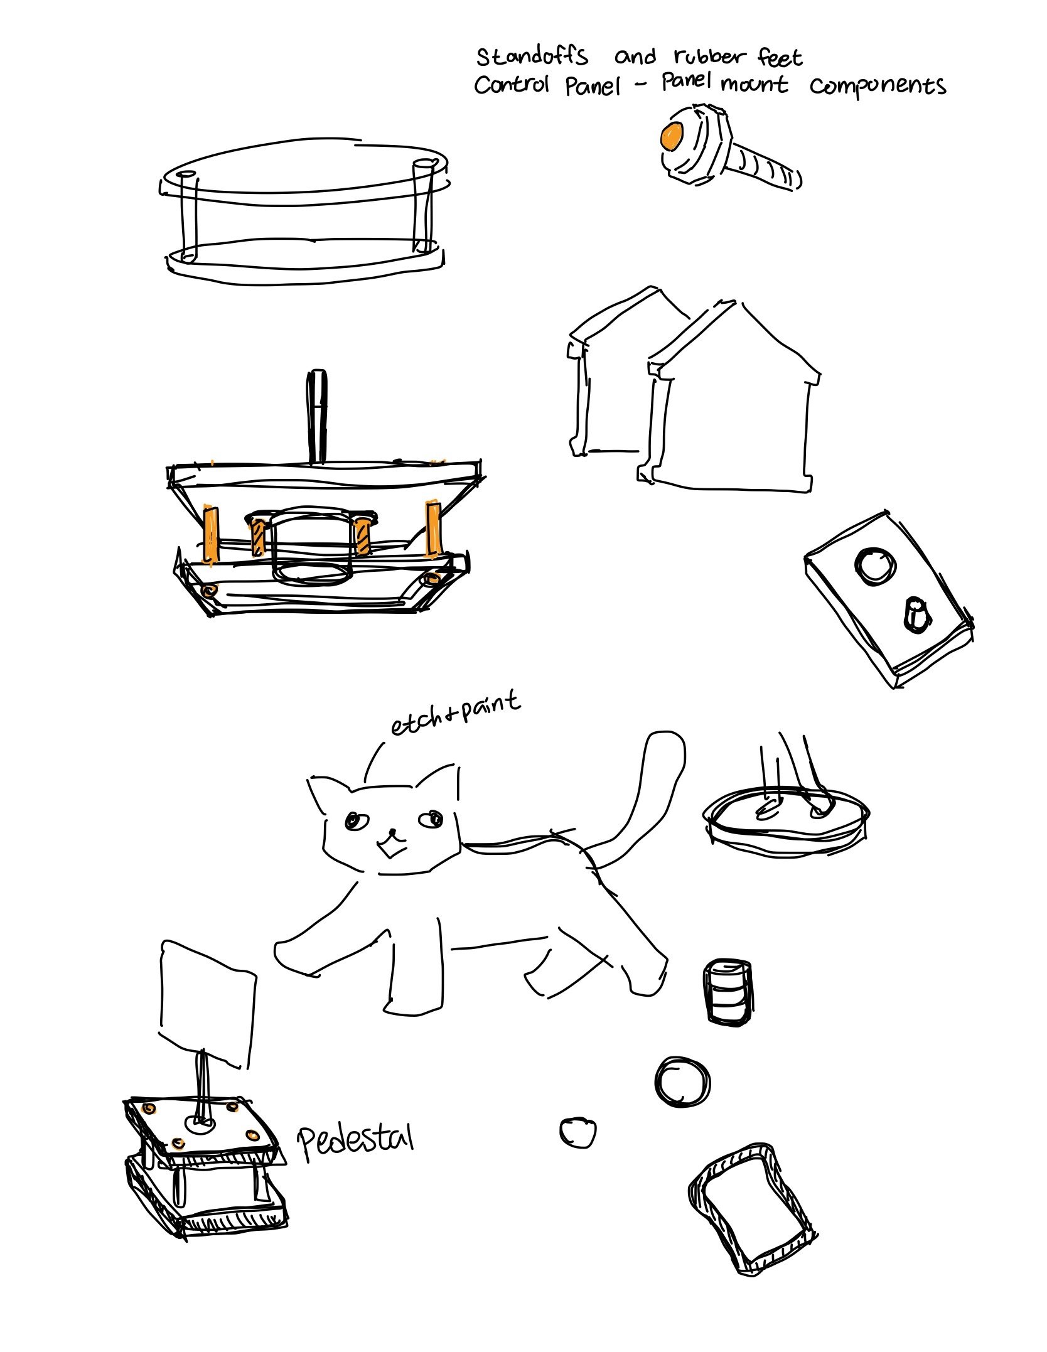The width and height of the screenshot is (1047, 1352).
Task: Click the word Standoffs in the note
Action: click(532, 56)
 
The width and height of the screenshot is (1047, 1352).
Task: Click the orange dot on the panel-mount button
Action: click(671, 136)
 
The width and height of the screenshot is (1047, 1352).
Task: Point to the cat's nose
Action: click(392, 832)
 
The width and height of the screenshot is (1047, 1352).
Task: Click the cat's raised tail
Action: click(647, 791)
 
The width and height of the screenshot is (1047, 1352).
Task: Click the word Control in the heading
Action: click(511, 85)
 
